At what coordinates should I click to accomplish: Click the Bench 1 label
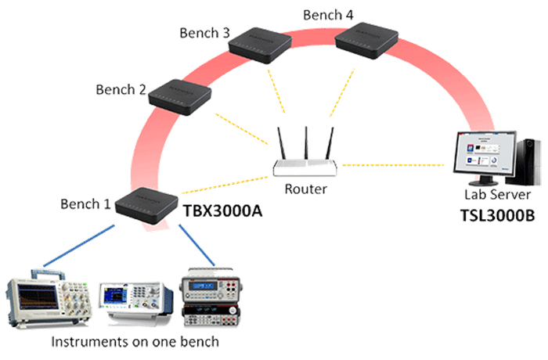click(85, 203)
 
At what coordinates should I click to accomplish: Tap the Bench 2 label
click(121, 89)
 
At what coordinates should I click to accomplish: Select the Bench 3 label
click(205, 33)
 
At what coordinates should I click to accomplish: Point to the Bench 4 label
click(328, 15)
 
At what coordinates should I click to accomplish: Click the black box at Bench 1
click(147, 206)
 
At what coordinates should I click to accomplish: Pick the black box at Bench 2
click(180, 97)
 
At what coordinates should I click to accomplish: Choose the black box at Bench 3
click(260, 45)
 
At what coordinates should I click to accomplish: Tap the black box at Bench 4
click(366, 41)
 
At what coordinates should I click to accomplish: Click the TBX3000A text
click(222, 211)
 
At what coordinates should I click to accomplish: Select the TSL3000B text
click(497, 215)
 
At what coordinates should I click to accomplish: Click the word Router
click(306, 189)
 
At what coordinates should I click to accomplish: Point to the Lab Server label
click(497, 194)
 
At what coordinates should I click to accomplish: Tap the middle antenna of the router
click(306, 143)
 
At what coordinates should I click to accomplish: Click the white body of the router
click(305, 167)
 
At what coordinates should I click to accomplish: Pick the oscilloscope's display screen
click(38, 298)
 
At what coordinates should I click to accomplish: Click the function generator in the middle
click(136, 301)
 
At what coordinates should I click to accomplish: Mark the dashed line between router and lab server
click(393, 165)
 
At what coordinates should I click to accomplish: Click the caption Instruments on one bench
click(135, 341)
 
